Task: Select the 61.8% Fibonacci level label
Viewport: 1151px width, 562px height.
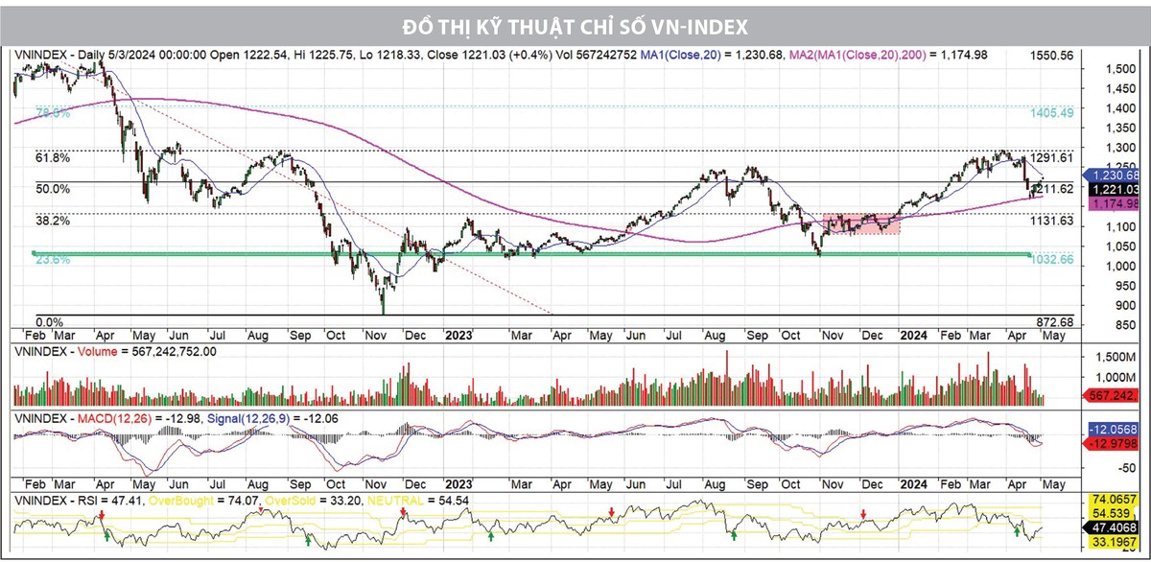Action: pyautogui.click(x=53, y=157)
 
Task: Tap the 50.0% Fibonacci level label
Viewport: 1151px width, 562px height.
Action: pyautogui.click(x=53, y=189)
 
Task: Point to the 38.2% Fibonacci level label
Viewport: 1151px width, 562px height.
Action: pyautogui.click(x=53, y=221)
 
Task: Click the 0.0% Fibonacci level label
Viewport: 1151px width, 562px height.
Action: pyautogui.click(x=49, y=322)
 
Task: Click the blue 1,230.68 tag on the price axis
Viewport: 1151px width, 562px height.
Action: pyautogui.click(x=1115, y=176)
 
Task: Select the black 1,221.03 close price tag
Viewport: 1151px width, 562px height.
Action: pyautogui.click(x=1115, y=191)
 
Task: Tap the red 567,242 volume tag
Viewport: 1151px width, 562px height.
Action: pyautogui.click(x=1115, y=395)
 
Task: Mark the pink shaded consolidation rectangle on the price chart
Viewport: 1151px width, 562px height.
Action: pyautogui.click(x=861, y=223)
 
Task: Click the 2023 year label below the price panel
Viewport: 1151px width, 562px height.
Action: pyautogui.click(x=458, y=336)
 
